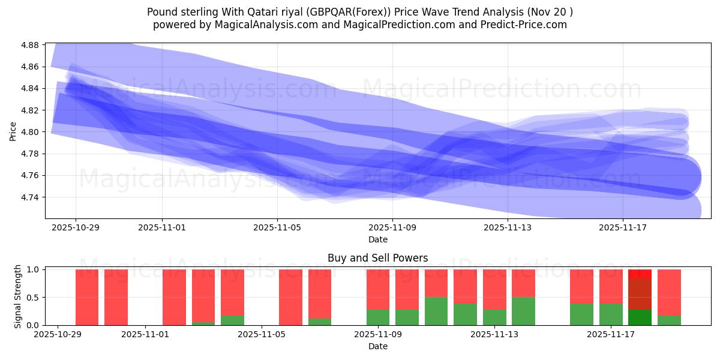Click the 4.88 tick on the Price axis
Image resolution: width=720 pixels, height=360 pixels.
[x=30, y=45]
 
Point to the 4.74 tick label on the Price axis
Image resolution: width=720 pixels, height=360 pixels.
[x=30, y=197]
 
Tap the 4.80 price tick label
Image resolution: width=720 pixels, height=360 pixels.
[x=30, y=132]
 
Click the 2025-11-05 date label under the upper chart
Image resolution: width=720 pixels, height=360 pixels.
[x=277, y=228]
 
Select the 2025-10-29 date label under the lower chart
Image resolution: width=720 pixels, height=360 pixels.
[x=58, y=335]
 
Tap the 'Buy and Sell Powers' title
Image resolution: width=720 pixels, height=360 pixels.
[x=377, y=259]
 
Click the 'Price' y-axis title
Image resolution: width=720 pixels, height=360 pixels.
[x=13, y=131]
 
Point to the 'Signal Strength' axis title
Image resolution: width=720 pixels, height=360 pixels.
[x=18, y=296]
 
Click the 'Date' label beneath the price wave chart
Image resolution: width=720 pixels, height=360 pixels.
[x=377, y=239]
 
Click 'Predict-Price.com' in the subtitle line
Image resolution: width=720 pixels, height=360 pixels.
[x=526, y=25]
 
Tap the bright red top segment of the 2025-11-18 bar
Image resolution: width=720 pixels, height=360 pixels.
[x=640, y=274]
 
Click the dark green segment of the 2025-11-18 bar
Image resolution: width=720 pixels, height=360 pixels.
[x=640, y=317]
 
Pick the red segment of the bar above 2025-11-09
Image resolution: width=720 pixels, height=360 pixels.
[x=378, y=289]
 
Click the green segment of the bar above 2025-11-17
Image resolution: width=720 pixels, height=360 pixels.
[x=611, y=314]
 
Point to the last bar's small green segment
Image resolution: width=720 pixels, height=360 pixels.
[x=669, y=320]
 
